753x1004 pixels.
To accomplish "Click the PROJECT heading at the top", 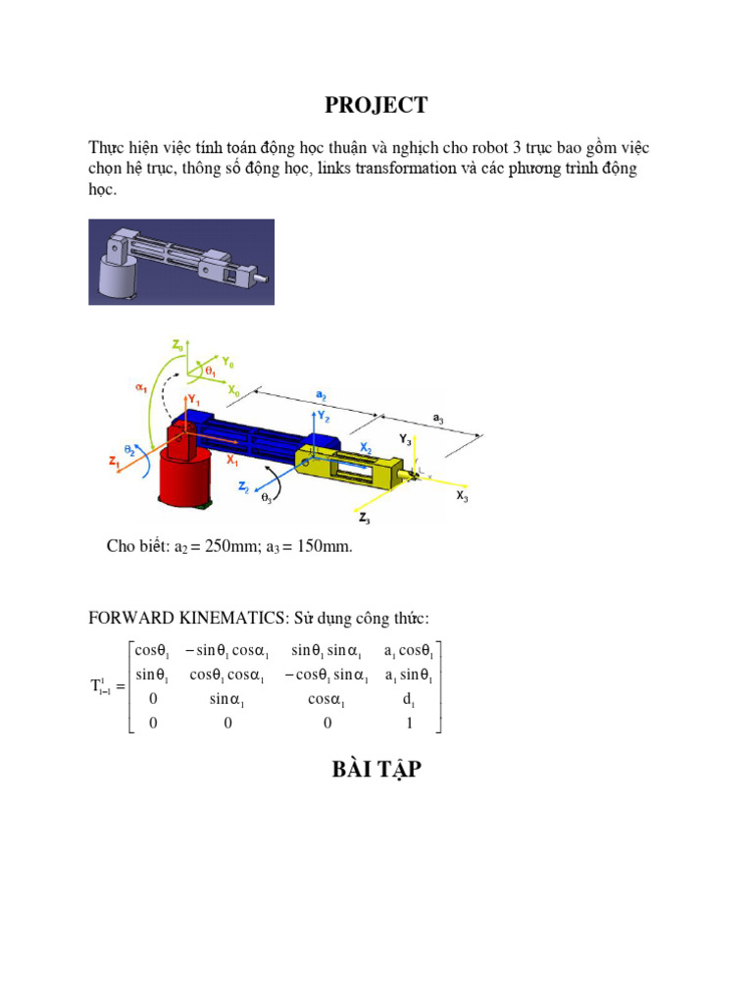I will (x=377, y=105).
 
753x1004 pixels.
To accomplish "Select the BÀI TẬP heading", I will (x=377, y=770).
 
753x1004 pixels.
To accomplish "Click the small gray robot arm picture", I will (x=181, y=262).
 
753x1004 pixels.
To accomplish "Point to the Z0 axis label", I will (x=177, y=345).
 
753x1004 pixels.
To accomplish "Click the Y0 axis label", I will (x=228, y=363).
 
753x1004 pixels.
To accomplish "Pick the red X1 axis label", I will (x=233, y=459).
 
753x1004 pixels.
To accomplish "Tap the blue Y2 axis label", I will (x=324, y=416).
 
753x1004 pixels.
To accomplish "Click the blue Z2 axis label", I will (x=243, y=486).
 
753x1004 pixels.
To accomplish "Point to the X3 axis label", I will (x=462, y=497).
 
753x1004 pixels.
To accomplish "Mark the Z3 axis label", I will (x=365, y=518).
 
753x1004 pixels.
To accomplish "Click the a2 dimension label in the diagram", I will (x=321, y=394).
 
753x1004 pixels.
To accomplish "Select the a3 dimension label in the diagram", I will (x=438, y=419).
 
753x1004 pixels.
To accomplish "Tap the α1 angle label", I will (x=140, y=386).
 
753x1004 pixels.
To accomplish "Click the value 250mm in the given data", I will (x=230, y=547).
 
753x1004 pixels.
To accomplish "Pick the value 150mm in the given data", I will (x=321, y=547).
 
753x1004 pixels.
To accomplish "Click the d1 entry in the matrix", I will (x=409, y=700).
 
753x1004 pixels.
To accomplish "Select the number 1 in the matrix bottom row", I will (x=409, y=724).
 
